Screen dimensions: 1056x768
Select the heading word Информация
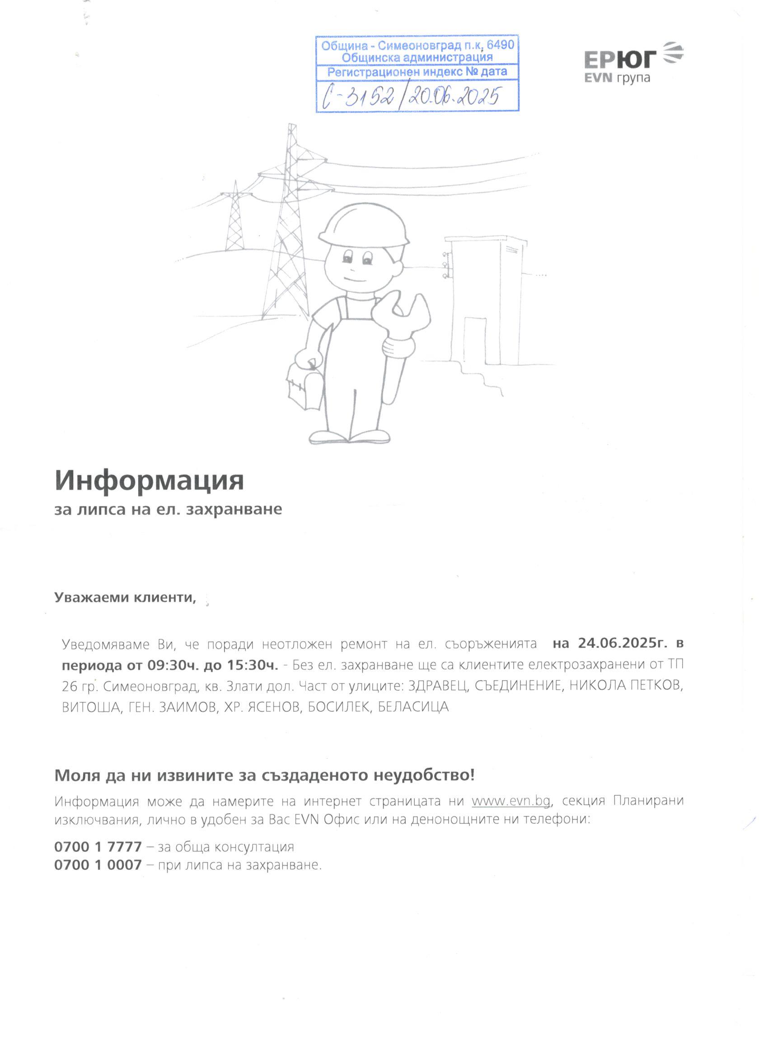pyautogui.click(x=150, y=481)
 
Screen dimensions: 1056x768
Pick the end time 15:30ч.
pyautogui.click(x=253, y=665)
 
